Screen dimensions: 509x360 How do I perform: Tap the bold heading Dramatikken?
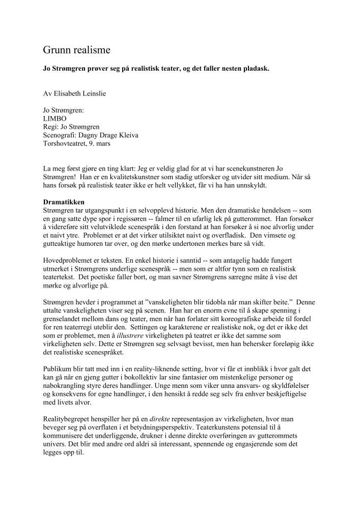click(64, 202)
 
